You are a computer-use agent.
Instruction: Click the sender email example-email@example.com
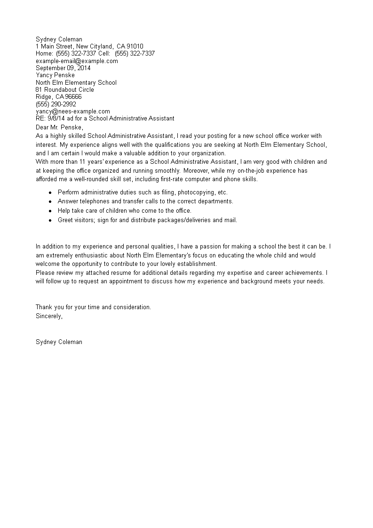point(77,61)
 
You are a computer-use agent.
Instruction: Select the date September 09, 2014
point(63,68)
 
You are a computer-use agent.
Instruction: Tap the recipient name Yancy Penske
point(55,75)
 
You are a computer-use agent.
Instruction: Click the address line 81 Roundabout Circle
point(65,89)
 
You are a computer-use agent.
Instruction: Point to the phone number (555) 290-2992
point(56,104)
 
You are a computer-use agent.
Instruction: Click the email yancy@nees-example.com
point(73,111)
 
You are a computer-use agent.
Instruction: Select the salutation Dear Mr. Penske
point(59,127)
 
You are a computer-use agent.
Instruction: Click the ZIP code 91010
point(136,46)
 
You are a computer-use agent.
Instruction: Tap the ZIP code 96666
point(73,96)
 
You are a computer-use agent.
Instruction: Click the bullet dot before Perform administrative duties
point(50,192)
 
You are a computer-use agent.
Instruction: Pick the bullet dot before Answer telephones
point(50,201)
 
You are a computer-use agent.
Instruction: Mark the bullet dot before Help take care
point(50,211)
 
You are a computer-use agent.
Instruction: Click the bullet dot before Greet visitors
point(50,220)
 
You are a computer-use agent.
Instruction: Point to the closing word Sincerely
point(49,316)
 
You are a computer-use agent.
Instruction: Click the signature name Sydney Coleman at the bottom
point(59,342)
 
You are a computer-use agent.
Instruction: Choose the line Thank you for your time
point(93,307)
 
